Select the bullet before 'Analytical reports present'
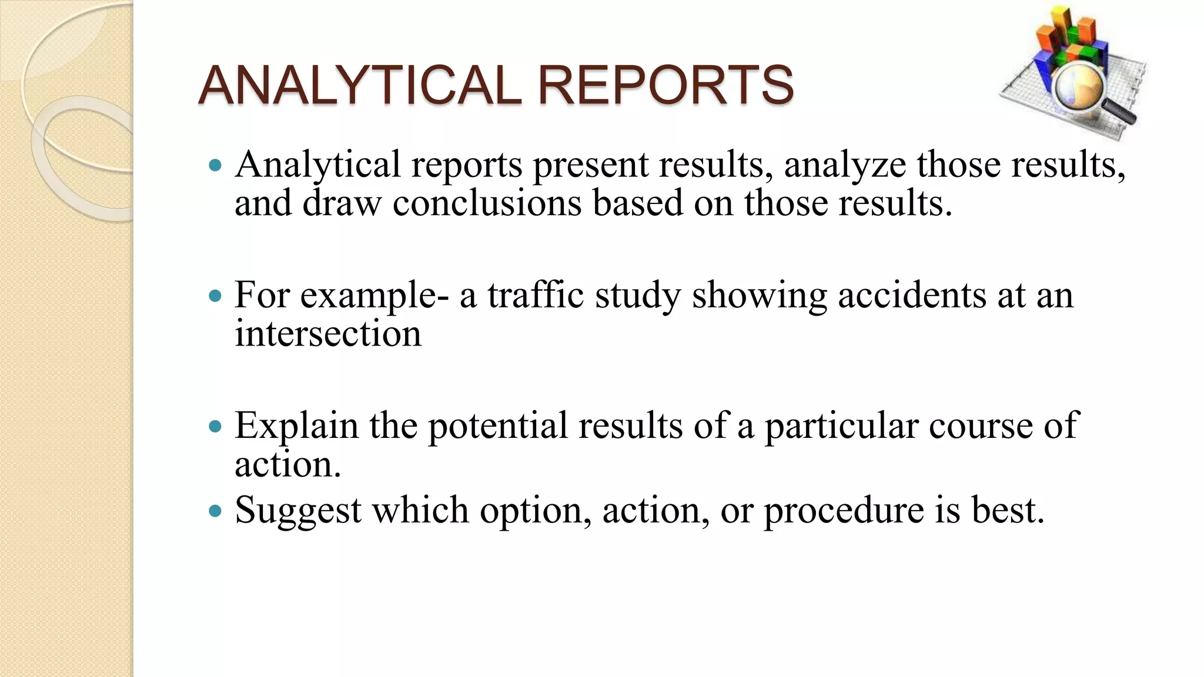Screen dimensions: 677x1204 pyautogui.click(x=215, y=165)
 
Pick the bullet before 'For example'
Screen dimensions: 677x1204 pyautogui.click(x=215, y=295)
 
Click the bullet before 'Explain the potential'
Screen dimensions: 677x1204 pyautogui.click(x=215, y=425)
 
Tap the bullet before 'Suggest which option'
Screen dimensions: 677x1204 pyautogui.click(x=215, y=510)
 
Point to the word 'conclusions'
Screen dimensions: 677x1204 pyautogui.click(x=487, y=203)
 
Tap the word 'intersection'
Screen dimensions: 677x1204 pyautogui.click(x=328, y=334)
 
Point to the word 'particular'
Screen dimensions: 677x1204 pyautogui.click(x=841, y=425)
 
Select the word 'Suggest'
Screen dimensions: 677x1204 pyautogui.click(x=298, y=510)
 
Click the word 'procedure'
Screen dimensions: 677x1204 pyautogui.click(x=844, y=510)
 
